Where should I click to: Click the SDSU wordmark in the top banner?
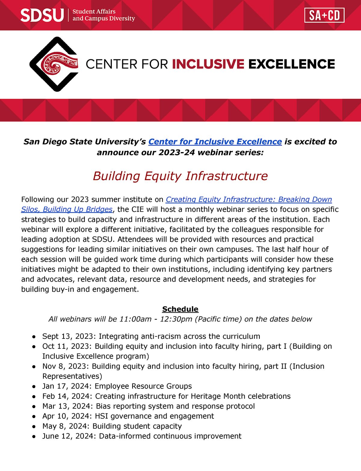click(42, 15)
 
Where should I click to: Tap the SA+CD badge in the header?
click(324, 15)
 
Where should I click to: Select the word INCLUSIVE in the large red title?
click(208, 64)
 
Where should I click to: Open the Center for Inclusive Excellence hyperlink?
click(215, 142)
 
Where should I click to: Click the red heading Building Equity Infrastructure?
click(180, 176)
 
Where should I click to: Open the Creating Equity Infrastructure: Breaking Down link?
click(248, 199)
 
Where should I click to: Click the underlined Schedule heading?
click(180, 309)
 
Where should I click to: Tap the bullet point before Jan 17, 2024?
click(35, 386)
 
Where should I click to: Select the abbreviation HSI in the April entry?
click(102, 416)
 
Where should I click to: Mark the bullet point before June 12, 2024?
click(35, 436)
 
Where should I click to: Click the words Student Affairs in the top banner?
click(94, 11)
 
